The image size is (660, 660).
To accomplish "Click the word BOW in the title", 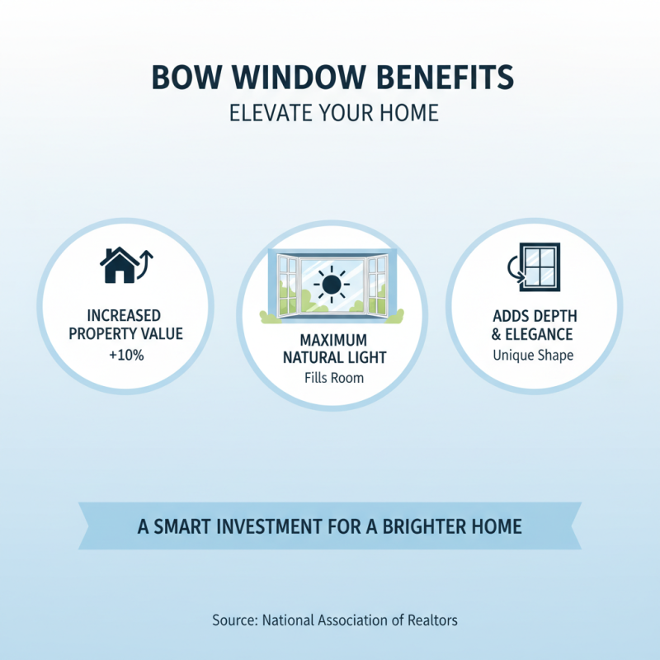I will tap(183, 78).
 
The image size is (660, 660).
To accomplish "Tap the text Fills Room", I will tap(330, 378).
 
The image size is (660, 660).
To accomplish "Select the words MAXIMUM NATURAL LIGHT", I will tap(330, 348).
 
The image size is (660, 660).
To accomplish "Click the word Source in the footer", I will tap(231, 619).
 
